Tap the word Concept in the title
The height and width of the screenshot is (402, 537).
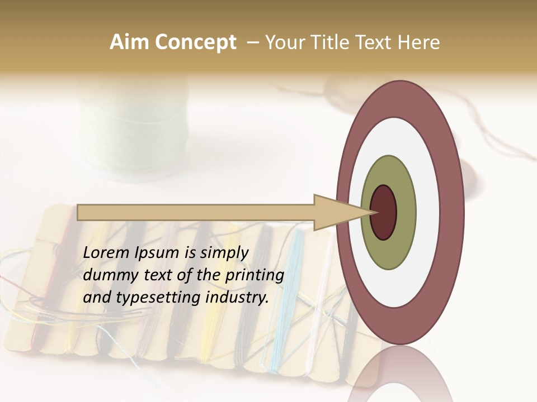point(195,42)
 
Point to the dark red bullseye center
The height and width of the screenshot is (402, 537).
point(383,213)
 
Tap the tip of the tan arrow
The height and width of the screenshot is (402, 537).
point(371,213)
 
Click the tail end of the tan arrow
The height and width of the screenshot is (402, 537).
point(79,213)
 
